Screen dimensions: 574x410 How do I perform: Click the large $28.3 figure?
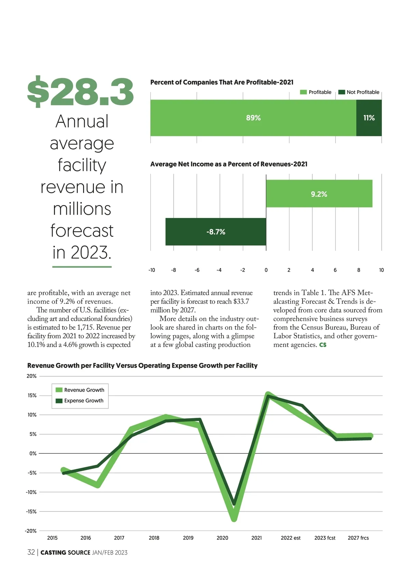(81, 92)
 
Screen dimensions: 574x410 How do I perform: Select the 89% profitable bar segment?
(253, 118)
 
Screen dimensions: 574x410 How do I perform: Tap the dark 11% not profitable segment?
(369, 118)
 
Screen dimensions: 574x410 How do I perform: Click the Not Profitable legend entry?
(359, 92)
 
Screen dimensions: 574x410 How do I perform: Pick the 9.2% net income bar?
(319, 194)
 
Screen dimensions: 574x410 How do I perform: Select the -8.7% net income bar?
(216, 232)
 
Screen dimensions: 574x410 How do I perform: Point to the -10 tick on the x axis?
(152, 270)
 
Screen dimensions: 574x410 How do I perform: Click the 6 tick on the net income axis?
(335, 270)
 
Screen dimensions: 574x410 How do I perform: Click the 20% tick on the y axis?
(31, 376)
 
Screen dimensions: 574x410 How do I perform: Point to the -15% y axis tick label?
(31, 511)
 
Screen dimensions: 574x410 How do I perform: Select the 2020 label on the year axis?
(222, 538)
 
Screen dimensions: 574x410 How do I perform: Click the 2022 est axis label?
(290, 538)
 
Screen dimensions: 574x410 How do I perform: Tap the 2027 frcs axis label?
(358, 538)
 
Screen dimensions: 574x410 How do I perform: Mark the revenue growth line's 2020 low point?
(234, 519)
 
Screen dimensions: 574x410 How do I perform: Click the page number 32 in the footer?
(31, 552)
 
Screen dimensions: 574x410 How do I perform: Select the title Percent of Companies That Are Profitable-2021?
(222, 82)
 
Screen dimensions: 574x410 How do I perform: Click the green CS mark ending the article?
(323, 345)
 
